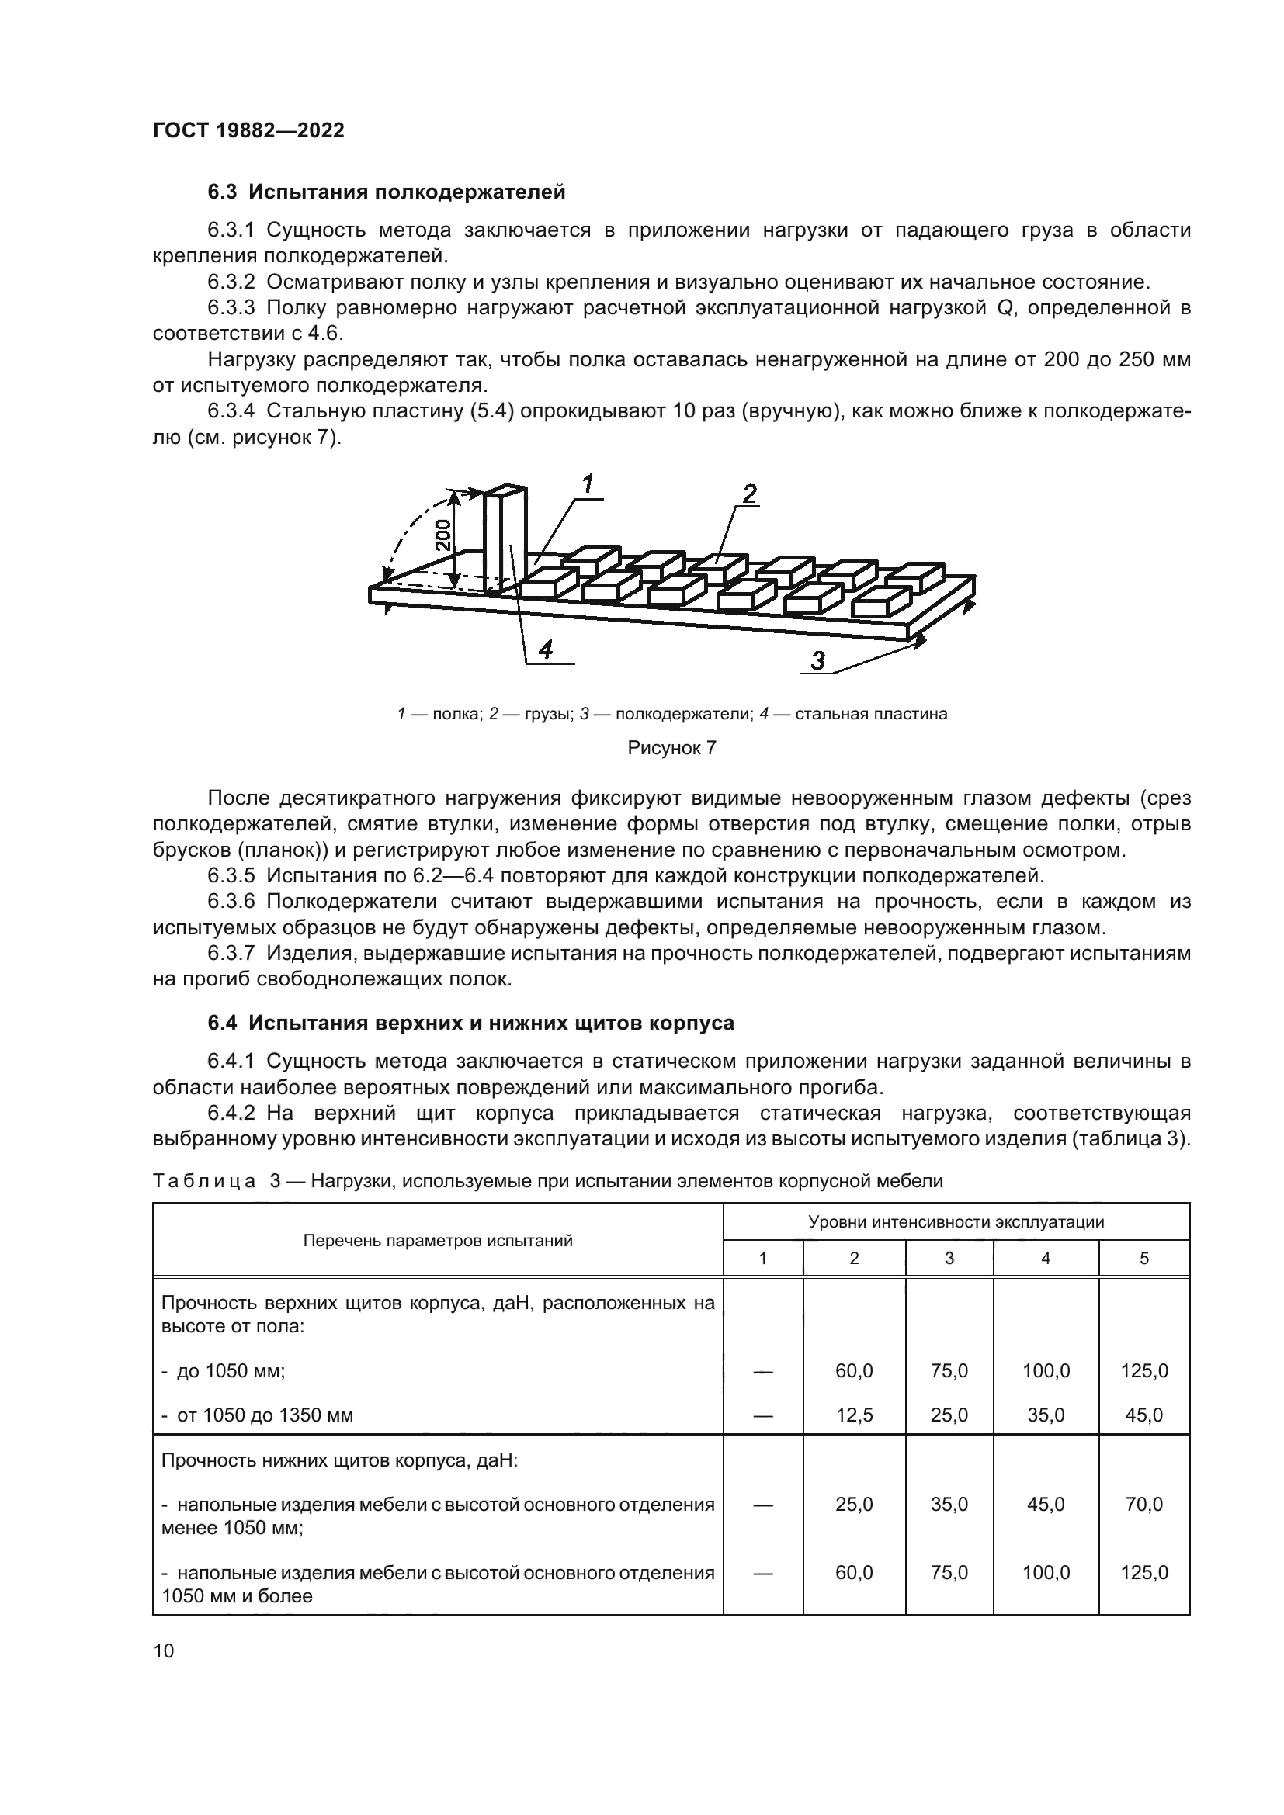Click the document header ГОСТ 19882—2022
click(x=248, y=131)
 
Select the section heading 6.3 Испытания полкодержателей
click(x=387, y=192)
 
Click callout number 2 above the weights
click(x=750, y=494)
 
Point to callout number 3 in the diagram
click(x=817, y=661)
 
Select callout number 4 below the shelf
click(x=546, y=649)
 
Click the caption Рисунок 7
click(x=671, y=748)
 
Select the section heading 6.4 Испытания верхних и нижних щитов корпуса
click(x=470, y=1023)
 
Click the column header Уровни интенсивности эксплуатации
click(x=956, y=1222)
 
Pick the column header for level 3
click(x=949, y=1259)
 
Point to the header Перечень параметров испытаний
click(x=438, y=1240)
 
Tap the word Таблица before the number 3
click(x=204, y=1182)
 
